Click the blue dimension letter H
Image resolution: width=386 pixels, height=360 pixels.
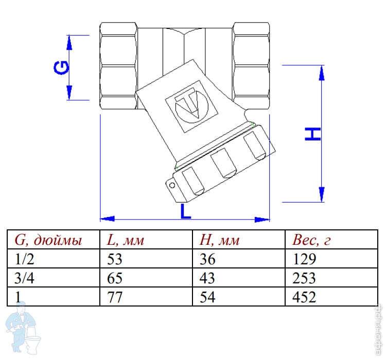pos(312,134)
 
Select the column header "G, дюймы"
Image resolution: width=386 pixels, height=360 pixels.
pos(48,240)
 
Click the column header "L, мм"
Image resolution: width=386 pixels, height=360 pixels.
pos(125,240)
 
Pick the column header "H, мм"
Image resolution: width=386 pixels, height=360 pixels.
pos(219,240)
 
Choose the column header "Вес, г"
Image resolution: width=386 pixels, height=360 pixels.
pos(311,240)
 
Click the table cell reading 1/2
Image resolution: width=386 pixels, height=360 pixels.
pos(24,259)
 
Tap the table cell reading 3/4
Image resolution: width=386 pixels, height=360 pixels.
pos(24,278)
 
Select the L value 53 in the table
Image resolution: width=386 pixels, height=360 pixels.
pos(115,259)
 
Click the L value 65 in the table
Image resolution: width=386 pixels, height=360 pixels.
pos(115,278)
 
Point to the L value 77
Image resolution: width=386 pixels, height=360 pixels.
pos(115,297)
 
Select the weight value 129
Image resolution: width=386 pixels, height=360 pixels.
pos(303,259)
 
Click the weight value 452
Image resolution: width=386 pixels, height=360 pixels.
pos(303,297)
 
